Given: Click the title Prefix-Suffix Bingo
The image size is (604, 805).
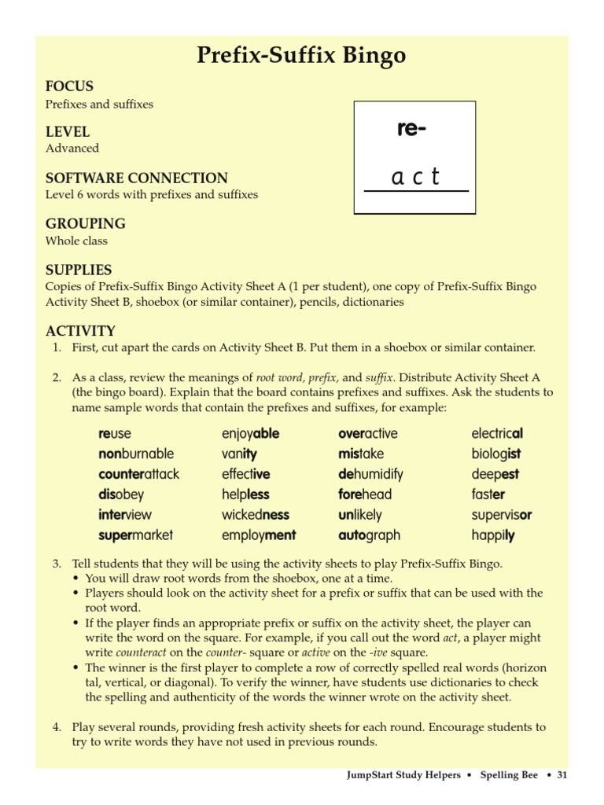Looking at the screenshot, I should click(302, 56).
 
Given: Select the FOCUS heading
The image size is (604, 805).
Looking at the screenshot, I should click(69, 86).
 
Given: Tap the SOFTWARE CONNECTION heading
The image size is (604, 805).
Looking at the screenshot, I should click(136, 178).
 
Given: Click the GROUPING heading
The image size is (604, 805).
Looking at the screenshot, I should click(85, 223).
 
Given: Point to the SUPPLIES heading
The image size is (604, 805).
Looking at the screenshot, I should click(79, 269).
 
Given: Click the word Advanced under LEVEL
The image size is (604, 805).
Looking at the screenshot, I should click(72, 149).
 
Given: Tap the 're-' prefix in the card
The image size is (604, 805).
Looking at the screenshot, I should click(411, 130).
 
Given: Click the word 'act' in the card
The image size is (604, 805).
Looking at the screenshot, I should click(415, 178).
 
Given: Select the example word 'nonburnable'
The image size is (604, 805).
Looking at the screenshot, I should click(136, 454).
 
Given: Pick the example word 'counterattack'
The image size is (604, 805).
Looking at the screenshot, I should click(139, 474).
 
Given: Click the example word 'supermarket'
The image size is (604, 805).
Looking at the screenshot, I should click(135, 535).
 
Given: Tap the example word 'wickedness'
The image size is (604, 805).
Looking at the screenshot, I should click(256, 515).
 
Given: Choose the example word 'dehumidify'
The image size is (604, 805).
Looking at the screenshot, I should click(370, 474).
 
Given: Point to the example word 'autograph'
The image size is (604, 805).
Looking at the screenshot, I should click(369, 535).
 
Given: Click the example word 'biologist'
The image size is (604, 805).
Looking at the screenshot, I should click(496, 454).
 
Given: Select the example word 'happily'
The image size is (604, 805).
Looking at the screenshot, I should click(493, 535).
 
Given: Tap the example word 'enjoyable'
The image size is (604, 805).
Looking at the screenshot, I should click(250, 433).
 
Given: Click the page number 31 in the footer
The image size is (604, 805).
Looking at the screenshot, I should click(562, 775).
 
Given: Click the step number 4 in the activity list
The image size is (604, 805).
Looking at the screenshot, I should click(57, 727).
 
